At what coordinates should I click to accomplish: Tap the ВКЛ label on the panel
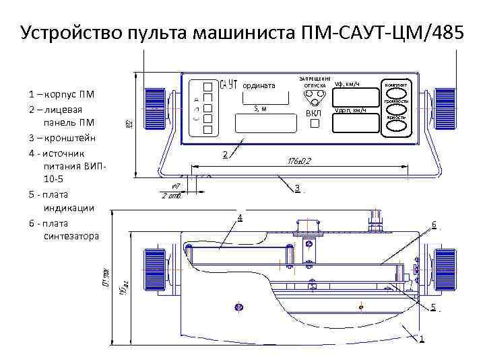pyautogui.click(x=314, y=114)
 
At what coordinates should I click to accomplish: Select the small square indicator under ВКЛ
pyautogui.click(x=315, y=126)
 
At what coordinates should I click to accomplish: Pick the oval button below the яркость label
pyautogui.click(x=396, y=126)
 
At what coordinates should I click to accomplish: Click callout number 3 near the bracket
pyautogui.click(x=297, y=187)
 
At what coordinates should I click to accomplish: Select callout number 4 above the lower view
pyautogui.click(x=239, y=216)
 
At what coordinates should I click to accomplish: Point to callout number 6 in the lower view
pyautogui.click(x=434, y=224)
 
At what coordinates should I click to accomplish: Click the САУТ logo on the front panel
pyautogui.click(x=229, y=83)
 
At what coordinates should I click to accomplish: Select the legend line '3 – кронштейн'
pyautogui.click(x=63, y=137)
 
